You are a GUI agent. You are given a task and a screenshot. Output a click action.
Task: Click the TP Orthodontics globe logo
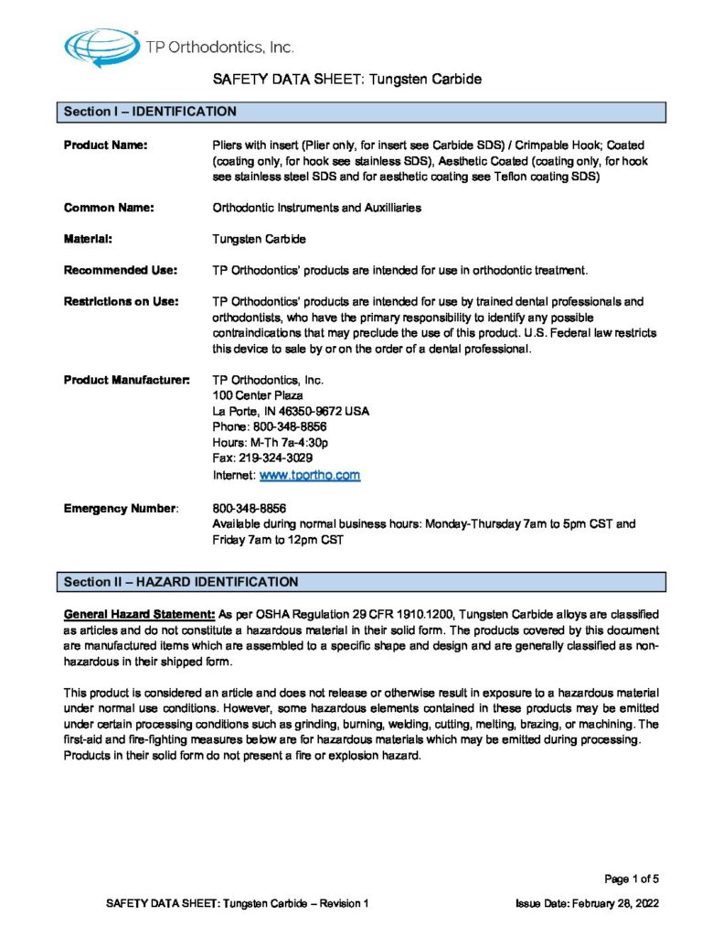(x=100, y=46)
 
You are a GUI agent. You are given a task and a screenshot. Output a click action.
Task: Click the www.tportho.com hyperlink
(x=310, y=476)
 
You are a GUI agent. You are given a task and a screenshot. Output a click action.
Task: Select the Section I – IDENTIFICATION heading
(x=151, y=112)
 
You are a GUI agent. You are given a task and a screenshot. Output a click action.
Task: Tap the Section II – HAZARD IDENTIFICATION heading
(x=180, y=581)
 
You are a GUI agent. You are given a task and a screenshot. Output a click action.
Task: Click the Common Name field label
(x=109, y=208)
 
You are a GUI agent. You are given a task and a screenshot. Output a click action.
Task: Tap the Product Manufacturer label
(x=126, y=379)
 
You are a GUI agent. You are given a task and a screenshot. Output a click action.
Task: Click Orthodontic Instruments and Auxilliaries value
(x=316, y=208)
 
